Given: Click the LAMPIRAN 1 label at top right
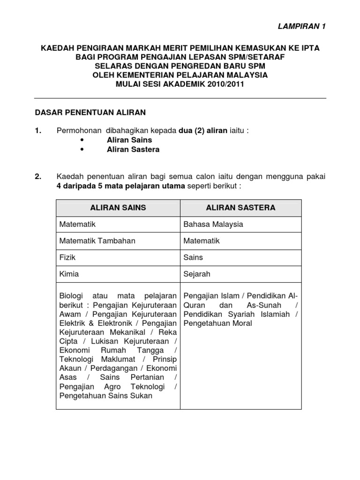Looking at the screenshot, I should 302,26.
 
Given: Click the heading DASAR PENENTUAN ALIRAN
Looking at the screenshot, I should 91,112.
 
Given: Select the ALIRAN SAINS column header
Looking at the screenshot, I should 118,207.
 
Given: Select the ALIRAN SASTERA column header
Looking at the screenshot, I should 241,207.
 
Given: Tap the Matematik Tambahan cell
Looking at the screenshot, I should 97,240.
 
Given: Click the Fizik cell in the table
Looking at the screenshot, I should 67,257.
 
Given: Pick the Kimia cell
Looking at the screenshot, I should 69,274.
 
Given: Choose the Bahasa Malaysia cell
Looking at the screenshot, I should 213,224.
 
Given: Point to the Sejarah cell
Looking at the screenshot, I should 197,274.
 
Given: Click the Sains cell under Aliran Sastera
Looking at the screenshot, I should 193,257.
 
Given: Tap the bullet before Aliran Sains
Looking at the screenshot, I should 82,140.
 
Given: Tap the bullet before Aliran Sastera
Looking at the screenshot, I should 82,150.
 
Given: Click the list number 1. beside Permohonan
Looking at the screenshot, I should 39,131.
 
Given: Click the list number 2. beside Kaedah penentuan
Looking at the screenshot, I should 39,177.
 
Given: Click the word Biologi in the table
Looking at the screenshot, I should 71,296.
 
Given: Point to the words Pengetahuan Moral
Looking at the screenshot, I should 217,323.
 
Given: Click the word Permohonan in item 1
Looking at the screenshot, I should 78,131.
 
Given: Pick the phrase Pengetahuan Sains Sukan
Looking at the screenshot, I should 106,395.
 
